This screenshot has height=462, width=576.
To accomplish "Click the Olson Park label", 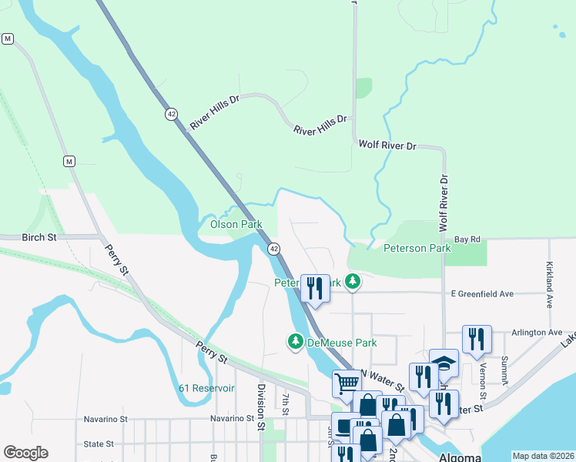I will [236, 225].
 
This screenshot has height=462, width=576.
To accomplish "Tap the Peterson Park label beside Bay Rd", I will [417, 249].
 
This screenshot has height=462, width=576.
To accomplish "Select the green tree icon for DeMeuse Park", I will [295, 341].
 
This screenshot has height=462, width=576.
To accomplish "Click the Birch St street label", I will [39, 238].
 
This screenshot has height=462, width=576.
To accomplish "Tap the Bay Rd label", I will [467, 239].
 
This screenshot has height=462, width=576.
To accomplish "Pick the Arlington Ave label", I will [537, 333].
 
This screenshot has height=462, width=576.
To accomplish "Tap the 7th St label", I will [285, 403].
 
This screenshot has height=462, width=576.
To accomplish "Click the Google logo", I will [26, 453].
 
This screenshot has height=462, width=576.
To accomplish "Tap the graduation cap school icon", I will [444, 363].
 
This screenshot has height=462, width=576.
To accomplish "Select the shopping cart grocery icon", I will [347, 383].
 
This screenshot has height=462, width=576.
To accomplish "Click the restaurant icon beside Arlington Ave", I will [477, 339].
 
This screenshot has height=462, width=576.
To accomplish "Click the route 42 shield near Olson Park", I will [273, 249].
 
